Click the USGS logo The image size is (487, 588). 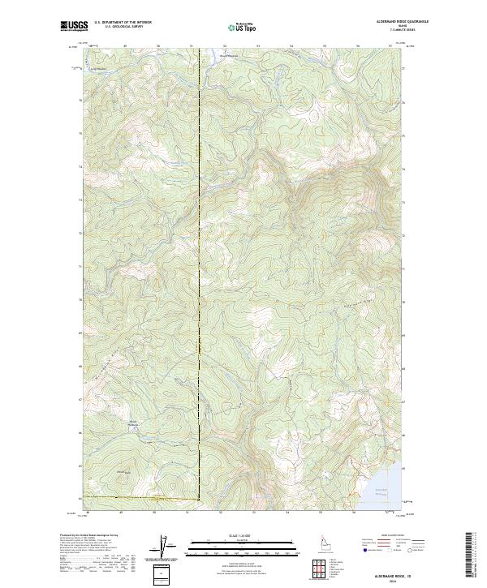click(75, 26)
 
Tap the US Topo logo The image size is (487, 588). click(243, 27)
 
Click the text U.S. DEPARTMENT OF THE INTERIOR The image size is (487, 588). click(123, 23)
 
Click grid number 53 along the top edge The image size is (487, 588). click(256, 45)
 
